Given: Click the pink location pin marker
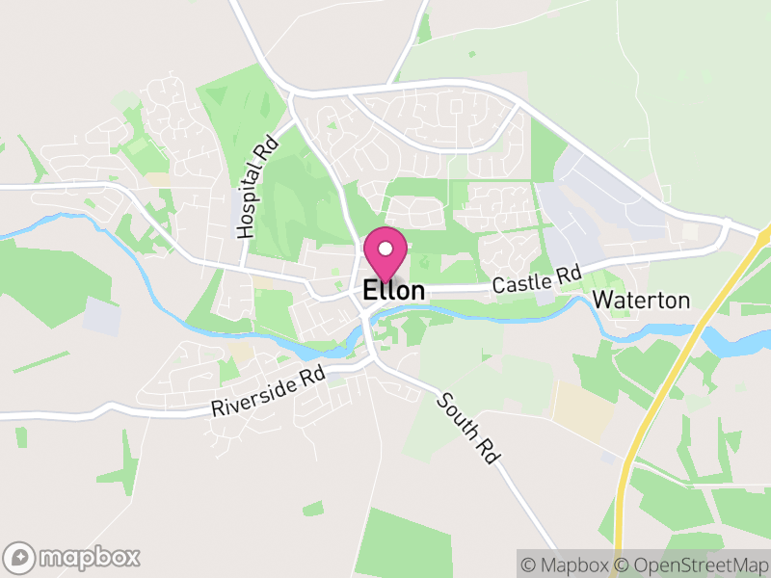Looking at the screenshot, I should click(x=385, y=253).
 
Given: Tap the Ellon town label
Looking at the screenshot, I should click(x=393, y=290).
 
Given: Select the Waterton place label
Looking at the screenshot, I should click(x=641, y=301).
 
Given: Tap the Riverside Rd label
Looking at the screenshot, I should click(x=269, y=392).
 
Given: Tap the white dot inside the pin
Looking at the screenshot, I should click(x=385, y=249).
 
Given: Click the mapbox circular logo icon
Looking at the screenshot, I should click(x=20, y=557).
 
